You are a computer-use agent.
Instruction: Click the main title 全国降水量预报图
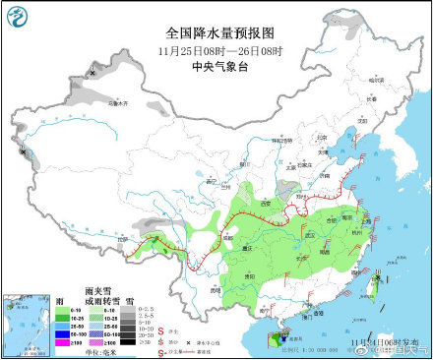(216, 32)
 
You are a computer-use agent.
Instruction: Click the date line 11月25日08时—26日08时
(216, 50)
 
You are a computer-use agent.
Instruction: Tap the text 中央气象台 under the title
(216, 67)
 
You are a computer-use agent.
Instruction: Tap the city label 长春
(371, 98)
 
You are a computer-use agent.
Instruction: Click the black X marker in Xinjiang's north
(93, 72)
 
